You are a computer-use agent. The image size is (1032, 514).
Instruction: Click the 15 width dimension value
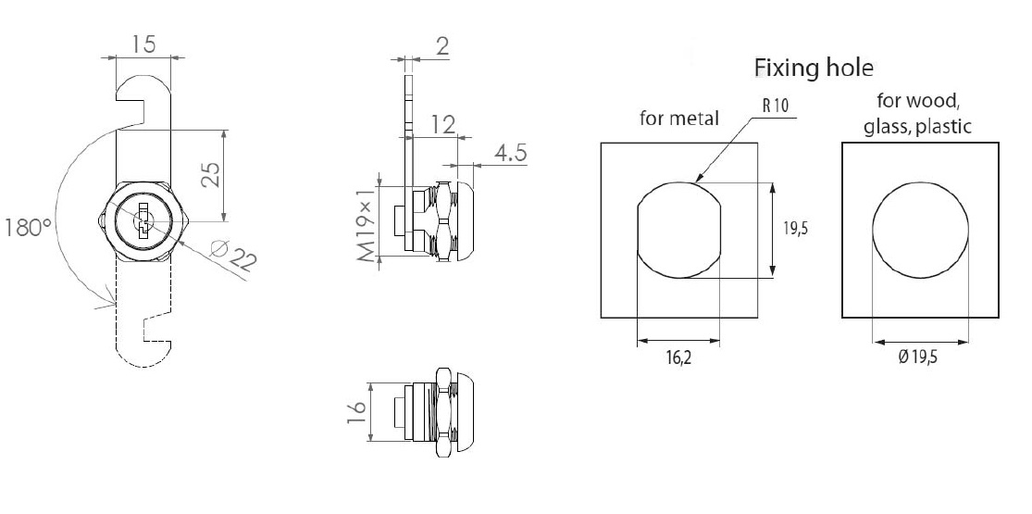coord(143,44)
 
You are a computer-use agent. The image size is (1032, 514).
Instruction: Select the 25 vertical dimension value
coord(211,175)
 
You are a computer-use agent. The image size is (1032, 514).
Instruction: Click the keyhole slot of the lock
coord(143,223)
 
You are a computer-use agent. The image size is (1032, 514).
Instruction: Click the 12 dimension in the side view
coord(442,124)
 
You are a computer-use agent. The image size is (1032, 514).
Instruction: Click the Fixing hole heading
coord(814,68)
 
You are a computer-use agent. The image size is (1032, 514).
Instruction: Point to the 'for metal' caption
coord(678,119)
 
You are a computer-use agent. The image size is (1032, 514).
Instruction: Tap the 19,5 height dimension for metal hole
coord(793,229)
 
